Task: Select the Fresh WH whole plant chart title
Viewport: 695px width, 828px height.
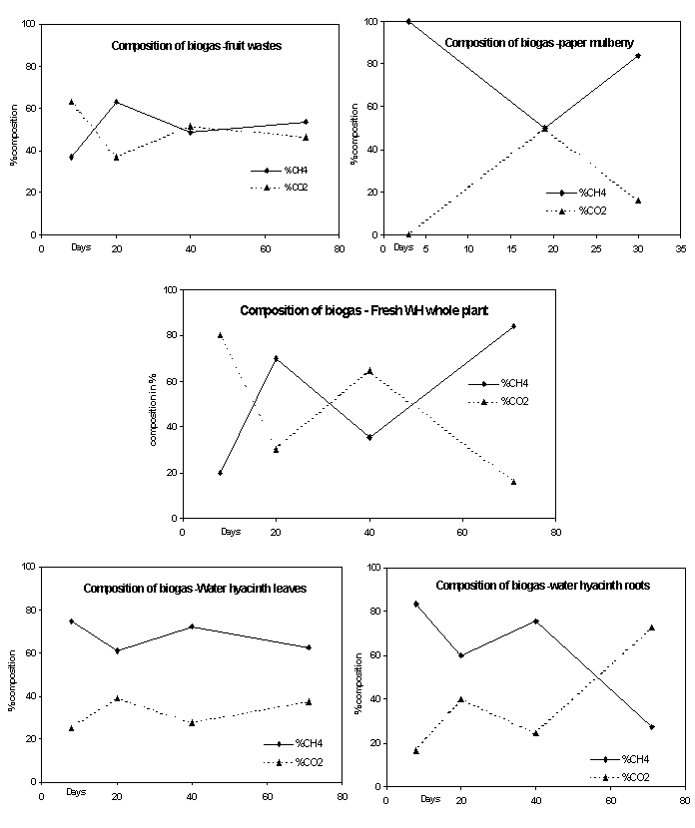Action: (363, 310)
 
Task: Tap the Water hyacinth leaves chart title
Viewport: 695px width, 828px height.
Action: (195, 588)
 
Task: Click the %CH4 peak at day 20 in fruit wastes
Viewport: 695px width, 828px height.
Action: (116, 102)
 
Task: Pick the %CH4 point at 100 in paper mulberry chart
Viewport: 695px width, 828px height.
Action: (408, 21)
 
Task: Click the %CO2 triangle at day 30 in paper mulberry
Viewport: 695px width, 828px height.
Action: (638, 201)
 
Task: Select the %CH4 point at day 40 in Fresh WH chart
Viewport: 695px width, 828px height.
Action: (369, 437)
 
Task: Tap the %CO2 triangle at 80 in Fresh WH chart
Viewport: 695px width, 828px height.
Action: (220, 335)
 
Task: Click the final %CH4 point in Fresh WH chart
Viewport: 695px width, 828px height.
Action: (514, 326)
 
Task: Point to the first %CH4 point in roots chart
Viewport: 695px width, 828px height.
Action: (415, 604)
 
